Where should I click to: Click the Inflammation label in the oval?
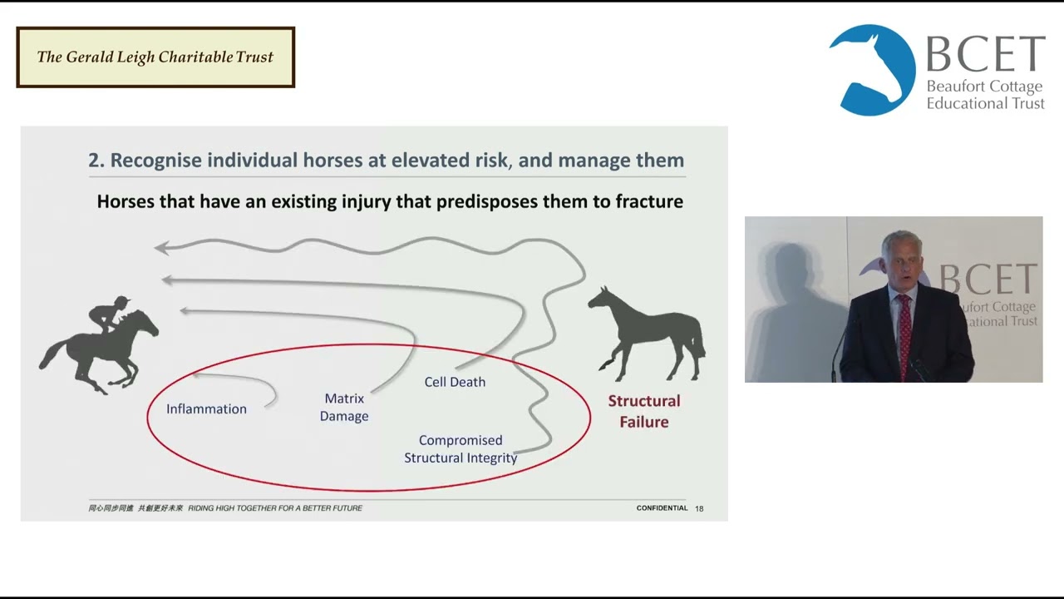point(206,408)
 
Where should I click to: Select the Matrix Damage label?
point(344,408)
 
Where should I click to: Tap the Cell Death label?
point(455,382)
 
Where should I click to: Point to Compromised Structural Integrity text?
point(461,449)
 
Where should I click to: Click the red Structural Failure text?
point(643,411)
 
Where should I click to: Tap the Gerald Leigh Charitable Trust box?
point(155,57)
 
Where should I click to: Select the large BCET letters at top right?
point(985,55)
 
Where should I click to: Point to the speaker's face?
point(901,265)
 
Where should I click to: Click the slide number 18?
point(699,508)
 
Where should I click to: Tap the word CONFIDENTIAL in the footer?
point(662,508)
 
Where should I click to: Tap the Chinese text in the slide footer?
point(135,508)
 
